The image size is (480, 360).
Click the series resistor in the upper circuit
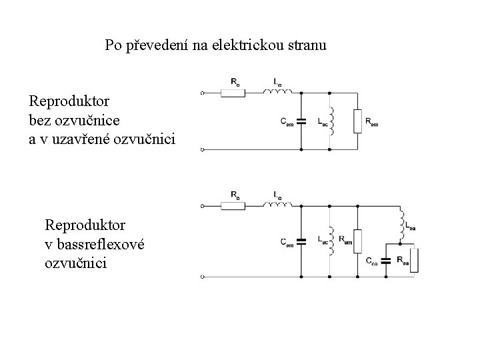click(234, 93)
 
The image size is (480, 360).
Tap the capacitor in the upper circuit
click(301, 122)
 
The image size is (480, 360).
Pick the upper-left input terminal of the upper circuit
click(202, 93)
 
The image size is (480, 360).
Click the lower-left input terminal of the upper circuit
click(202, 149)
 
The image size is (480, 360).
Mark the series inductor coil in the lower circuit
click(279, 203)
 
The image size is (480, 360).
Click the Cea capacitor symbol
click(385, 257)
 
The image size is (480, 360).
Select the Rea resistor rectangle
click(415, 260)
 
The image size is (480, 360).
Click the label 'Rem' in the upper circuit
click(373, 122)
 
